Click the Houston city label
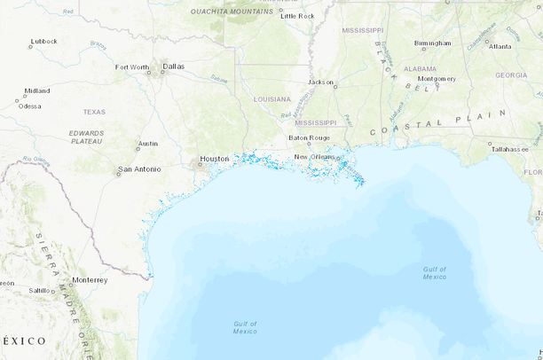215,159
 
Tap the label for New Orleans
314,157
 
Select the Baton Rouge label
309,137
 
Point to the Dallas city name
174,66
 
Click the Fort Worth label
132,67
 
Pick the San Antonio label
140,168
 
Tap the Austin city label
148,144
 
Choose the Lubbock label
43,41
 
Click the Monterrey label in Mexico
90,279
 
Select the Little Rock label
297,16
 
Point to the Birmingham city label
432,43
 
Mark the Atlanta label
500,46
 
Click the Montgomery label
437,78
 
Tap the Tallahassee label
510,149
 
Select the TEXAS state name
94,112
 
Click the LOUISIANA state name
271,98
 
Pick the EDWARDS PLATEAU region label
86,136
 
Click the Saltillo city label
40,290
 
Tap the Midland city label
36,90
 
